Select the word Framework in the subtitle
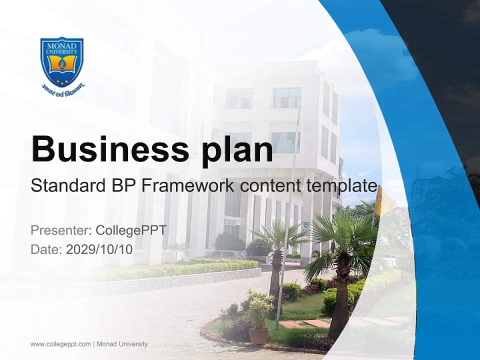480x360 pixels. click(x=188, y=185)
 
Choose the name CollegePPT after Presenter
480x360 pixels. click(x=131, y=230)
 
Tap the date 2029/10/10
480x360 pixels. click(x=99, y=249)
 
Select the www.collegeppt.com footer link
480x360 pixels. click(x=60, y=344)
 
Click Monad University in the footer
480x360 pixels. click(x=122, y=344)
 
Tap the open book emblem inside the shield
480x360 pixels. click(x=62, y=63)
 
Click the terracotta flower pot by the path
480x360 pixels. click(x=258, y=336)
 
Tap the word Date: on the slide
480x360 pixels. click(x=46, y=249)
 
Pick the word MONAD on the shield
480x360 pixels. click(x=62, y=46)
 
